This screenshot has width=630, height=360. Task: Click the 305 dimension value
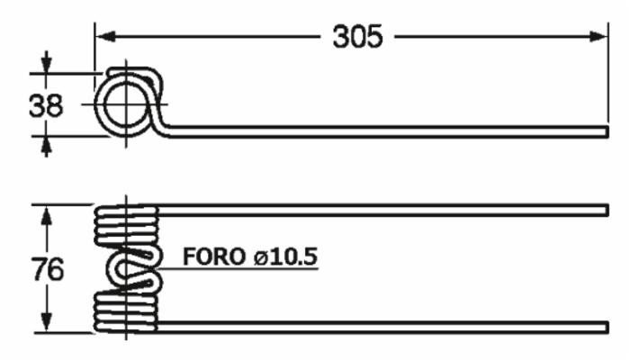357,37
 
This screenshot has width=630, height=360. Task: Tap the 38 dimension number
46,106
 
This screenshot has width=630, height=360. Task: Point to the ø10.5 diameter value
285,256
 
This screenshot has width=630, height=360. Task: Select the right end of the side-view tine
607,132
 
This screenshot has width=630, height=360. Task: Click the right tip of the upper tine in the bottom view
607,210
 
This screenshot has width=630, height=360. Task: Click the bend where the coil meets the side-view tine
166,130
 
